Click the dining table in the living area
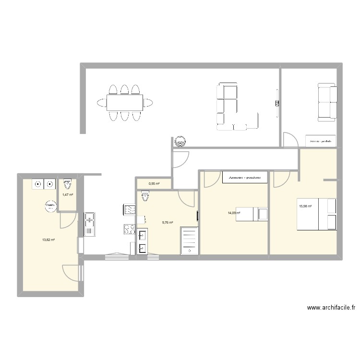pyautogui.click(x=125, y=102)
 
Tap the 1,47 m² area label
pyautogui.click(x=68, y=194)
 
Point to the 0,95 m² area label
pyautogui.click(x=154, y=183)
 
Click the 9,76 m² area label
pyautogui.click(x=168, y=222)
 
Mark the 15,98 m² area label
pyautogui.click(x=305, y=206)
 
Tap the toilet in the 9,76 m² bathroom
pyautogui.click(x=145, y=195)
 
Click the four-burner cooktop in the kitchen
pyautogui.click(x=129, y=229)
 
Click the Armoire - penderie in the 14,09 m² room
pyautogui.click(x=245, y=177)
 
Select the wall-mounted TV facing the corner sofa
pyautogui.click(x=277, y=102)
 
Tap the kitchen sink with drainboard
pyautogui.click(x=89, y=224)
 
